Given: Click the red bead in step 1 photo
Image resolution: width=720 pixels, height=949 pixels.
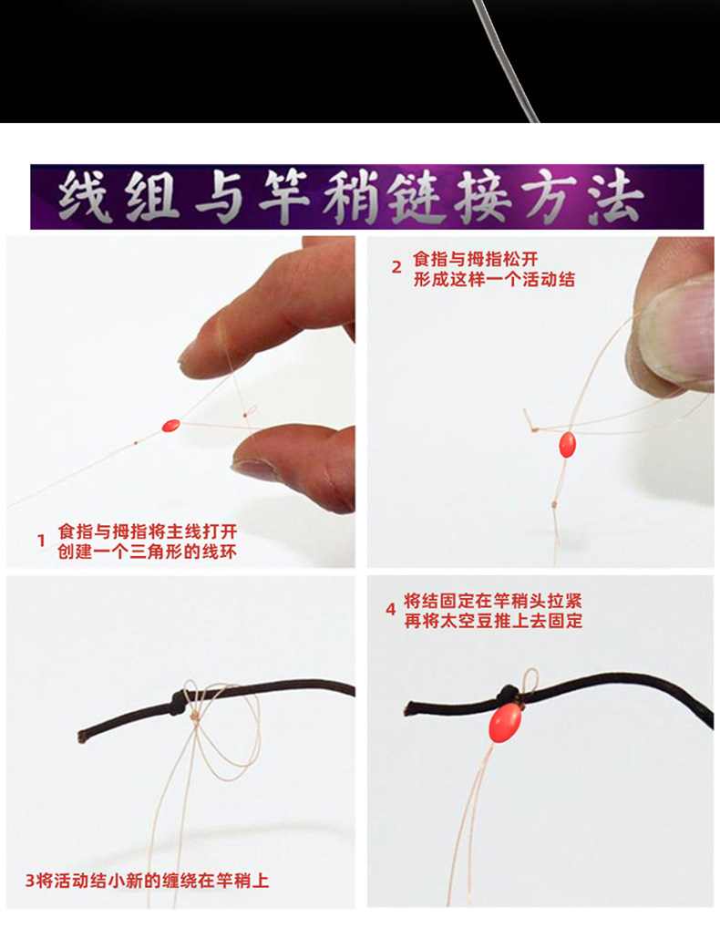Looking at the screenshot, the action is pos(170,426).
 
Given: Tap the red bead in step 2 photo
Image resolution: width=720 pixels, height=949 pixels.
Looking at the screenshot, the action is pos(567,445).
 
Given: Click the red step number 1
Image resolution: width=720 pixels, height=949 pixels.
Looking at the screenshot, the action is pos(41,541).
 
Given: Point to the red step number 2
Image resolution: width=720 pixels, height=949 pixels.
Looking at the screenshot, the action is pos(396,267).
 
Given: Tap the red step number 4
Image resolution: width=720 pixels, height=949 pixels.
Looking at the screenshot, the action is pos(391,609).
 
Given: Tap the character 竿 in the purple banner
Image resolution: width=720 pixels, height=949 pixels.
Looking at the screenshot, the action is pos(283,197).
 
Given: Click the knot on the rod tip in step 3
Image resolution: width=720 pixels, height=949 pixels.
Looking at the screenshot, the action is pos(178,701).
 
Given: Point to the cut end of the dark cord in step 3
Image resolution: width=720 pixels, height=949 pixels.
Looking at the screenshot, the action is pos(81,738).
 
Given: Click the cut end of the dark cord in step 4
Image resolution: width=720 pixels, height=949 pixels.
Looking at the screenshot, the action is pos(407,708).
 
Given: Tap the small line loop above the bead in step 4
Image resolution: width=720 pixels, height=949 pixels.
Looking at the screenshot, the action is pos(530,680).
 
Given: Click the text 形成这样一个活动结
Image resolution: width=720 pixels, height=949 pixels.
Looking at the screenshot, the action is pos(494,280).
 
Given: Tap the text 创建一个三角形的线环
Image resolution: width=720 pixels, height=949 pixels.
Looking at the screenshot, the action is pos(147,552).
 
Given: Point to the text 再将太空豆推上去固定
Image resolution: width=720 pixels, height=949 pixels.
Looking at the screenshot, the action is pos(493,621).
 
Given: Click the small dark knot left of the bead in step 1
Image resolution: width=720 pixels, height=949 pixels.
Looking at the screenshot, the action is pos(136,442).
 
